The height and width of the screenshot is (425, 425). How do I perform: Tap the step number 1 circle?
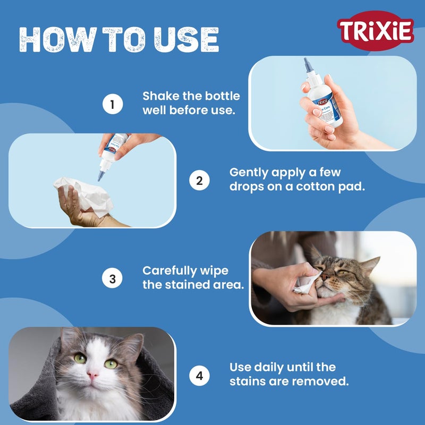tap(112, 104)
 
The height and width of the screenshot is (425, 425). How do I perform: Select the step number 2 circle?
tap(199, 180)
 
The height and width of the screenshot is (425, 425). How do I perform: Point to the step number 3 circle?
tap(112, 278)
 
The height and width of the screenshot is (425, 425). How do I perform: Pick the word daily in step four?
tap(273, 368)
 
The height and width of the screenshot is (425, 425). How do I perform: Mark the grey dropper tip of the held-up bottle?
tap(307, 65)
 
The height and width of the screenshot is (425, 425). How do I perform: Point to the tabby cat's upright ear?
tap(371, 263)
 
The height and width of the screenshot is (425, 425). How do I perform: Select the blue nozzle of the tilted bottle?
tap(99, 173)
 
